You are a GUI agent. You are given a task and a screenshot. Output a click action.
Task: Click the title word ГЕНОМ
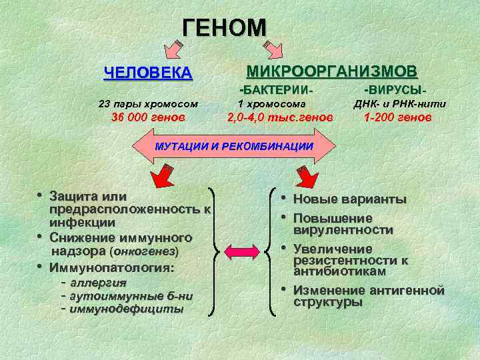(225, 27)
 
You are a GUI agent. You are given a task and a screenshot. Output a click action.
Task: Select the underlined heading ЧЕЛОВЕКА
(148, 73)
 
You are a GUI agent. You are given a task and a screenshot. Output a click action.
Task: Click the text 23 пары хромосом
(148, 103)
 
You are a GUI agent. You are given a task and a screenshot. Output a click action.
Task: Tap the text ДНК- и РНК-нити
(399, 103)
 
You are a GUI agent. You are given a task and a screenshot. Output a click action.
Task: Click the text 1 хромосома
(272, 103)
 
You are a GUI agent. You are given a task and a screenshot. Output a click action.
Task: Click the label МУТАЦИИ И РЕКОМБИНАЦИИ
(233, 146)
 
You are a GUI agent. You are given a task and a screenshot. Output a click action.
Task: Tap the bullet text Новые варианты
(349, 199)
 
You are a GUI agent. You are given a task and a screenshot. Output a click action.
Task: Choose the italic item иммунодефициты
(127, 309)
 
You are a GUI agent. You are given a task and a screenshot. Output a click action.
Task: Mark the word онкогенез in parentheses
(145, 252)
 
